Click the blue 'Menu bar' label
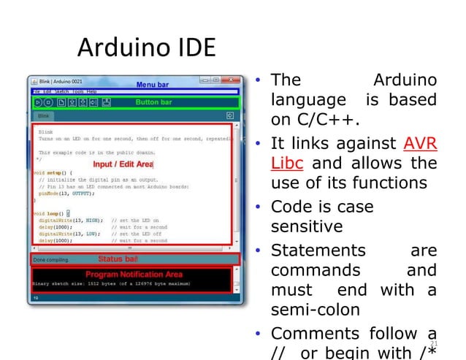click(x=152, y=85)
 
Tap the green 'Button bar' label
click(x=153, y=102)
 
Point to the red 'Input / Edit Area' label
click(x=123, y=164)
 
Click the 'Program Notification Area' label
click(x=134, y=274)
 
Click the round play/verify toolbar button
click(x=38, y=102)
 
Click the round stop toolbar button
click(x=49, y=102)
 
